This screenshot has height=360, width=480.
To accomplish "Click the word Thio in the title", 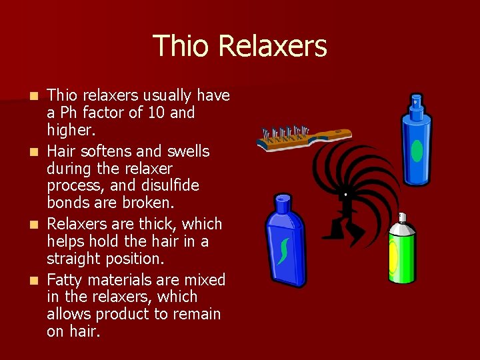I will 181,46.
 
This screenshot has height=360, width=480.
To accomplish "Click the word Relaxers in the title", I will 272,46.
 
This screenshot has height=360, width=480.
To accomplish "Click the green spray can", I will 402,253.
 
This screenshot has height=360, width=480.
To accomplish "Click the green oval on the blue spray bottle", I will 417,150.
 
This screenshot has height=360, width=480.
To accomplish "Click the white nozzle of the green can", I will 402,218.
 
